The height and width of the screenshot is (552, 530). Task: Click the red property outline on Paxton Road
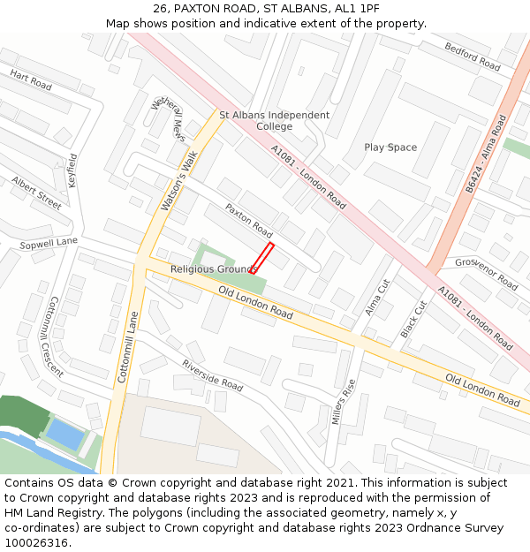tap(262, 258)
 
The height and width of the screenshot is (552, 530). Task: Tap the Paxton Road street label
tap(248, 220)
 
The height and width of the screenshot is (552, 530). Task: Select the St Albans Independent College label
tap(274, 121)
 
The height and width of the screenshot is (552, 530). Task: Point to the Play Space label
tap(390, 147)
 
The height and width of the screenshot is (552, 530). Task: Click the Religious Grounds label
tap(214, 268)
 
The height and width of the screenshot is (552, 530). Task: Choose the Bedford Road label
tap(473, 57)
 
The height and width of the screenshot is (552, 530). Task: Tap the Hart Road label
tap(31, 80)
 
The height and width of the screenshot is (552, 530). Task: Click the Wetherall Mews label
tap(169, 119)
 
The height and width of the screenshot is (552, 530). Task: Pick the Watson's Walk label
tap(178, 179)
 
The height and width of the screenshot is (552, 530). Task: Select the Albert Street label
tap(36, 193)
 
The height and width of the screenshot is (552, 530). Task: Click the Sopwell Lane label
tap(49, 242)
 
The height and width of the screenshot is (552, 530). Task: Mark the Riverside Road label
tap(212, 375)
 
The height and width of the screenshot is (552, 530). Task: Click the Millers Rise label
tap(343, 402)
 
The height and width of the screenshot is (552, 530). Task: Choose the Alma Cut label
tap(377, 299)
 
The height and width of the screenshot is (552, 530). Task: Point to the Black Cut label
tap(413, 319)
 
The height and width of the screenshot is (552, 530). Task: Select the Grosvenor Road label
tap(486, 274)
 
